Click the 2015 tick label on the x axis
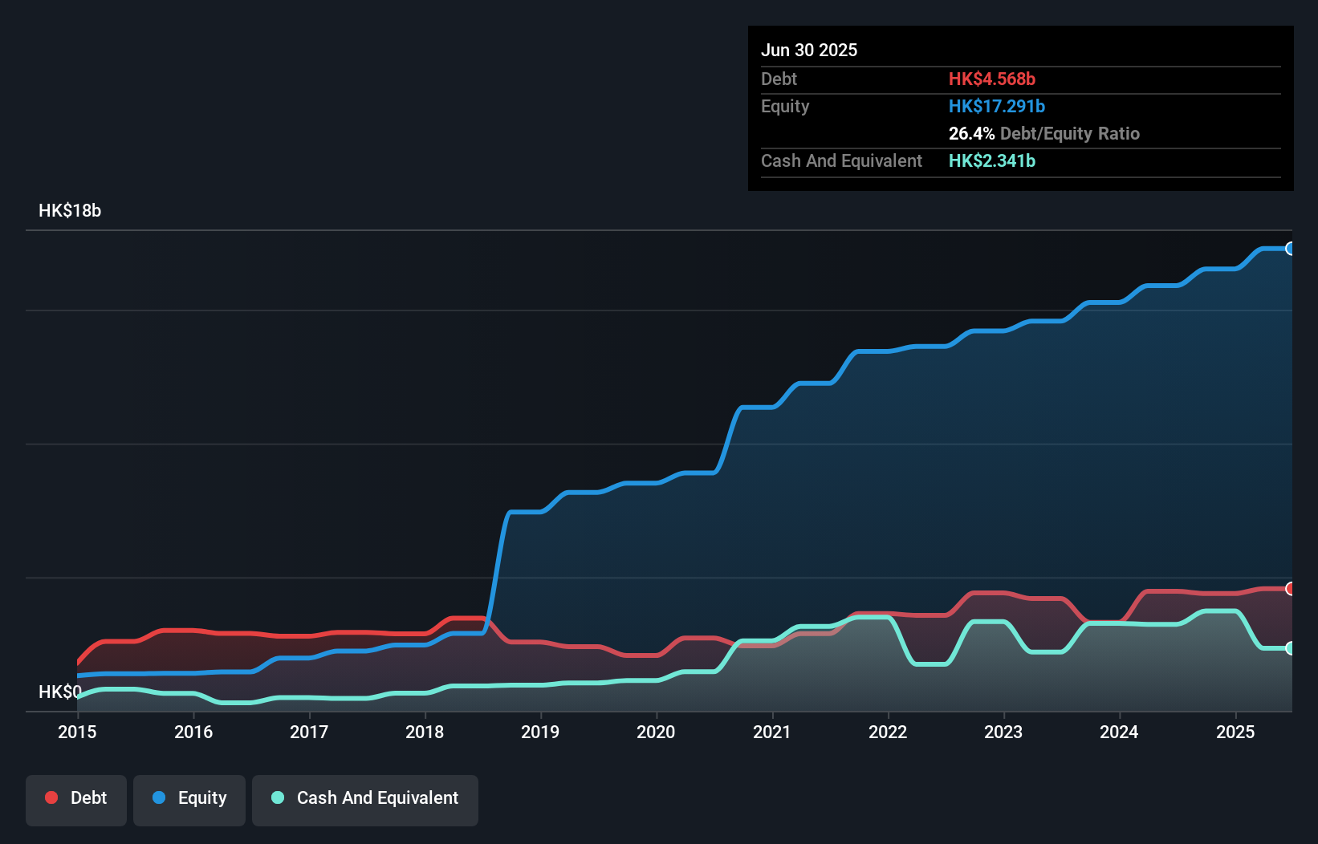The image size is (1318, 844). point(77,732)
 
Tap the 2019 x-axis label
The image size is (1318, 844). point(540,732)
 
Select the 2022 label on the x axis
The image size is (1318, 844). point(888,732)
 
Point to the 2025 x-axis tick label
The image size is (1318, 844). point(1235,732)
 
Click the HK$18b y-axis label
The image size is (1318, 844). point(70,211)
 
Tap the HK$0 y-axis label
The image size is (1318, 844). point(59,692)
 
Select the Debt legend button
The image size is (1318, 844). point(76,798)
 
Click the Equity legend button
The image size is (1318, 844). point(189,798)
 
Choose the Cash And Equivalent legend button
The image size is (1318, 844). point(365,798)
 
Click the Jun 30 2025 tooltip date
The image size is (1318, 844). point(809,50)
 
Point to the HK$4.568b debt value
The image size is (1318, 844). point(992,79)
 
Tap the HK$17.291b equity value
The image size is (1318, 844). point(997,106)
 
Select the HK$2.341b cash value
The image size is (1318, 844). point(992,160)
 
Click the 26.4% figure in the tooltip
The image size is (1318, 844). point(971,133)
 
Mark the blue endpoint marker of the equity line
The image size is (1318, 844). point(1290,249)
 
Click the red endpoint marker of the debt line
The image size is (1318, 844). point(1290,589)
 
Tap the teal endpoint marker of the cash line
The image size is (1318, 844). point(1290,648)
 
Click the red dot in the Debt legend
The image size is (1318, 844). point(51,797)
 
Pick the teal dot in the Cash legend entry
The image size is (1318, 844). point(278,797)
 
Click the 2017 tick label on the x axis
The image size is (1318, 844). point(309,732)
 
